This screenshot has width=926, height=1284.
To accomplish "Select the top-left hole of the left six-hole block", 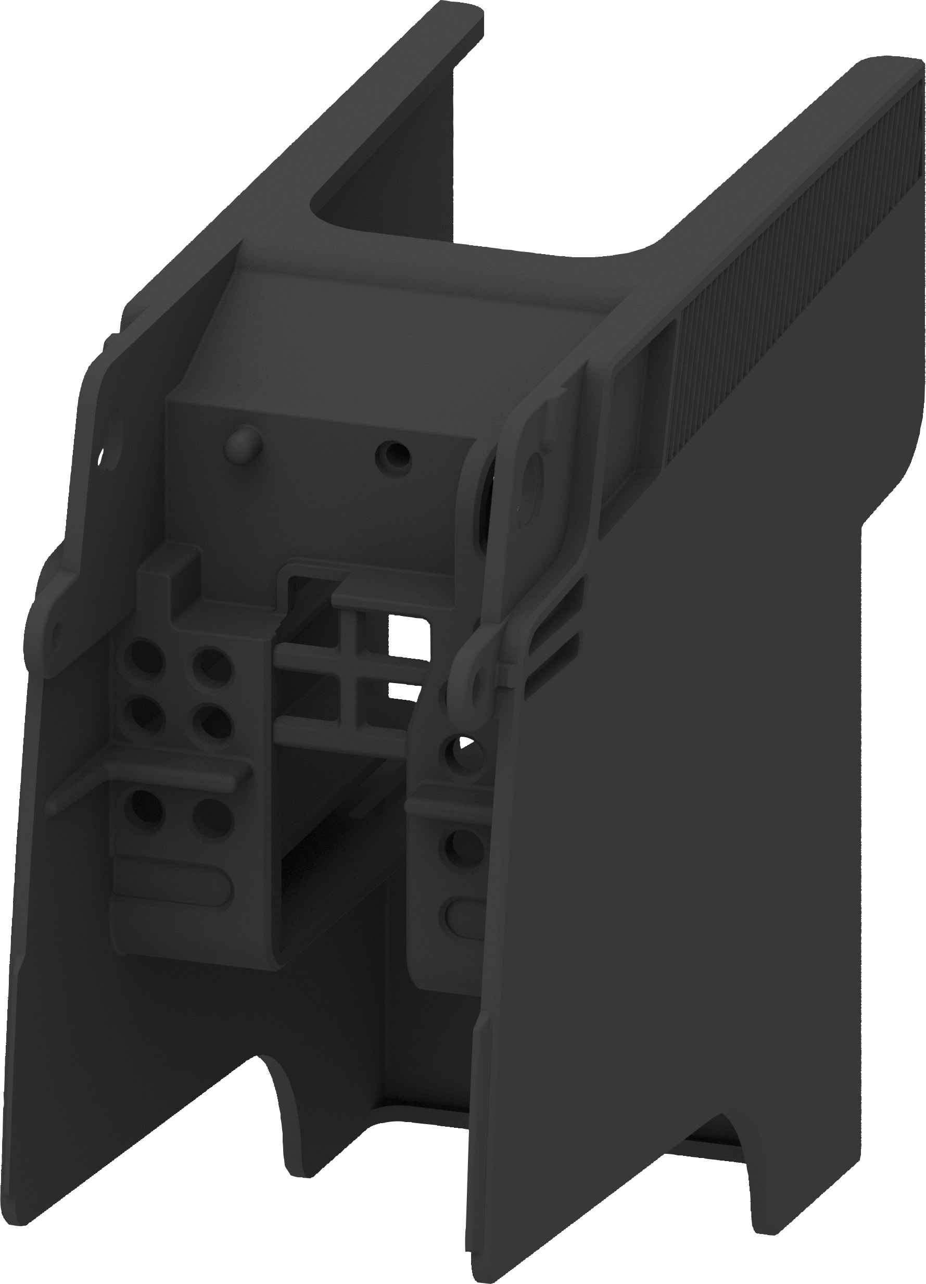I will (142, 657).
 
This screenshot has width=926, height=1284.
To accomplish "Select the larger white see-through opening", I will (409, 633).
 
